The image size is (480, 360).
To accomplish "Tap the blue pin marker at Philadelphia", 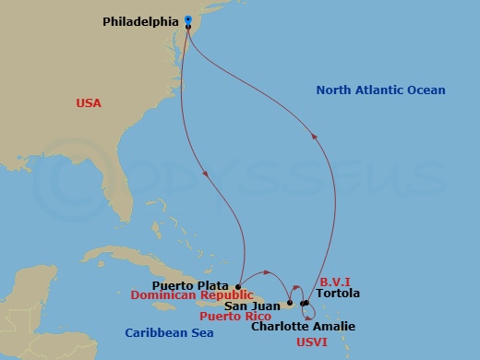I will pos(188,19).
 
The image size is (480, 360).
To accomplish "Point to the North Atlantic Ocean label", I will pos(380,90).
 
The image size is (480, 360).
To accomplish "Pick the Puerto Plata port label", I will pos(193,285).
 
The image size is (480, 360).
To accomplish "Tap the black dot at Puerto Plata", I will pos(238,286).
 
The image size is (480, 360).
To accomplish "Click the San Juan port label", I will pos(253,306).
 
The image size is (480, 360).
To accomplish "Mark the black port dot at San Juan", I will pos(290,303).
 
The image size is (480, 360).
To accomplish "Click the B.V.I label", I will pos(334,282).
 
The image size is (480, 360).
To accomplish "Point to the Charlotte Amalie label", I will pos(303,326).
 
